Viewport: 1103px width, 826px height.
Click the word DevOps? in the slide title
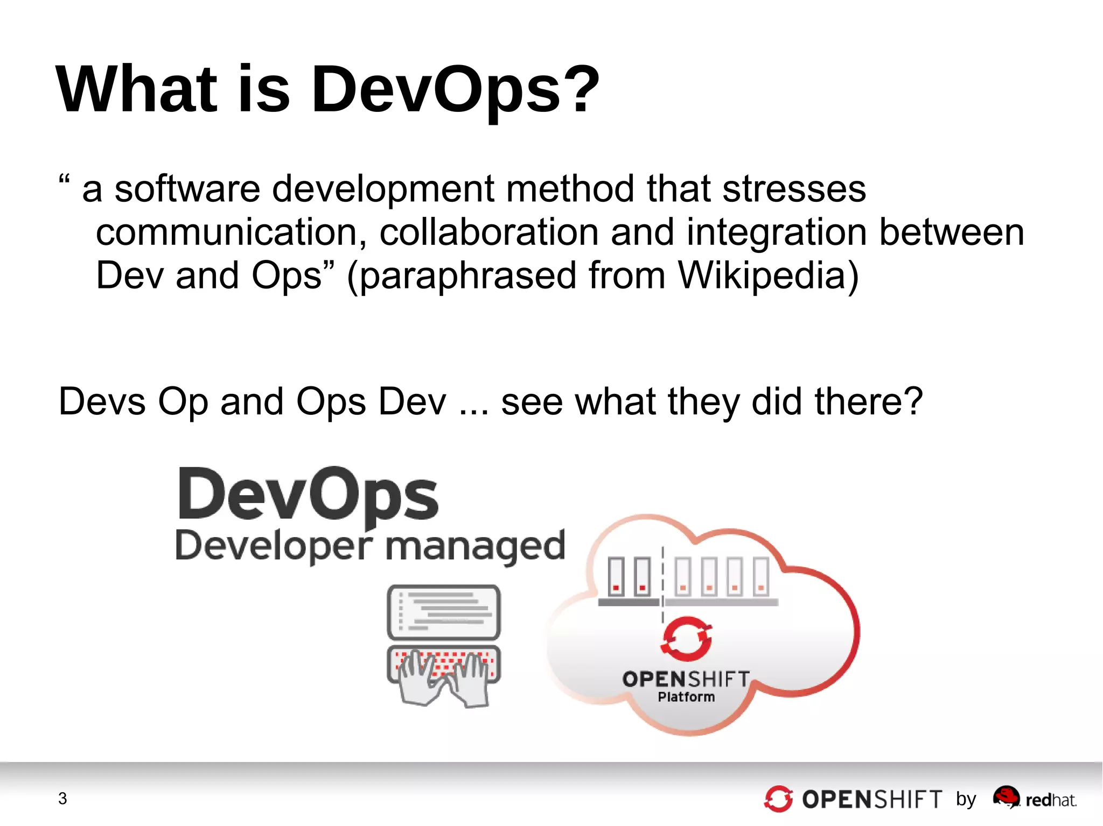click(x=455, y=90)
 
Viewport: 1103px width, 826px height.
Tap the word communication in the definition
click(x=226, y=232)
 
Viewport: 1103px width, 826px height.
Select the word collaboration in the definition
click(x=488, y=232)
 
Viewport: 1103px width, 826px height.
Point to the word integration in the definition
click(x=776, y=232)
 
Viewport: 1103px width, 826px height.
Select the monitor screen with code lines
click(x=444, y=612)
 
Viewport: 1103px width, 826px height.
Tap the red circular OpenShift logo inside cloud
click(x=687, y=639)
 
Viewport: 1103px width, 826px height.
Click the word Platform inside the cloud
click(x=686, y=697)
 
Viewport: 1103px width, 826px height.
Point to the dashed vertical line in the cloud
click(x=663, y=581)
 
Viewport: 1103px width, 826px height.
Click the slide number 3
click(x=62, y=799)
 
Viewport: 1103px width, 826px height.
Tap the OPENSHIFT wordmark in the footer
click(x=872, y=800)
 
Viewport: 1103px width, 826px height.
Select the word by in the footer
click(x=966, y=800)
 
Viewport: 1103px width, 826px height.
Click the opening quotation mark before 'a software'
click(x=64, y=179)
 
